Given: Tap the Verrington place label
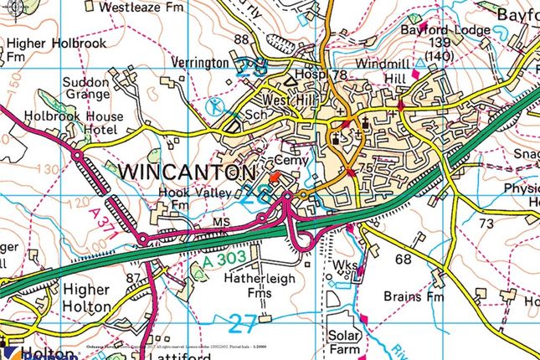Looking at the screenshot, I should click(200, 63).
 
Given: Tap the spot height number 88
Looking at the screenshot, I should click(243, 39).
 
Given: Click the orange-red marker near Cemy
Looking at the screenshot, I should click(277, 178).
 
